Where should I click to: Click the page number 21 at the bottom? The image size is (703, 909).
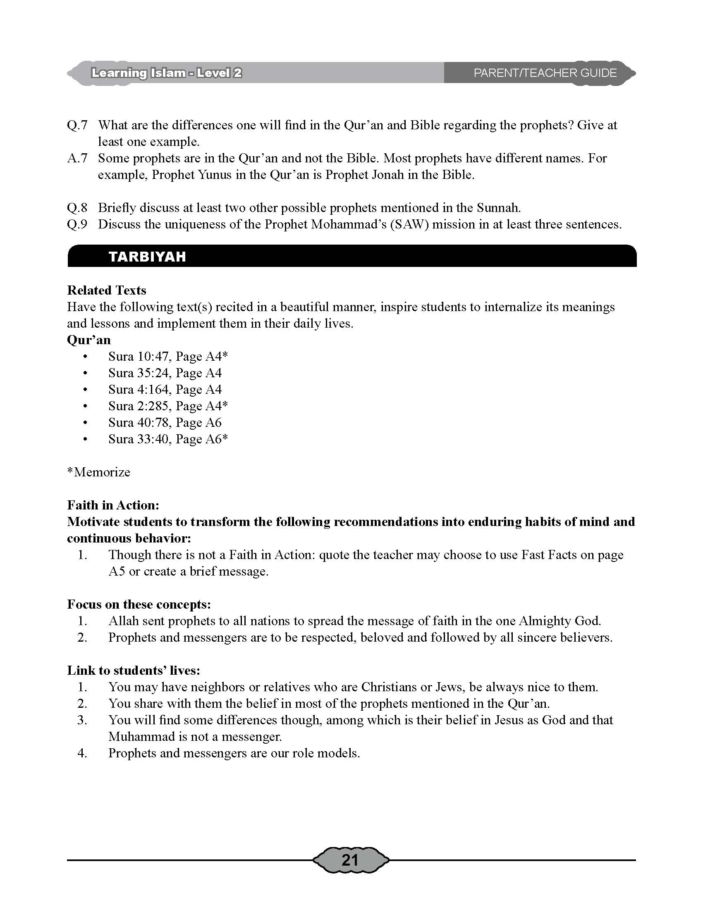tap(350, 859)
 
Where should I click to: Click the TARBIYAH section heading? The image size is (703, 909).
tap(147, 257)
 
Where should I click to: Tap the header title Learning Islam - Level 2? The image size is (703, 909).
tap(167, 73)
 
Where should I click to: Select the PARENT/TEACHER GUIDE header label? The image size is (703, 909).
tap(545, 73)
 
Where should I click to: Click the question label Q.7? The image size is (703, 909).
tap(77, 125)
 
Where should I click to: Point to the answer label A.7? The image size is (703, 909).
tap(77, 158)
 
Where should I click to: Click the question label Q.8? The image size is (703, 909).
tap(77, 208)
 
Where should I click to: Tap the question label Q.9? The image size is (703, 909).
tap(77, 224)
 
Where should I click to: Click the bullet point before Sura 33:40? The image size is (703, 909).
tap(85, 440)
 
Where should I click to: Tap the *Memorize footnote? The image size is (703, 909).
tap(99, 472)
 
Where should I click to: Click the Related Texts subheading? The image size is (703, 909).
tap(107, 290)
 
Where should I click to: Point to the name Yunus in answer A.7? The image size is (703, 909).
tap(215, 175)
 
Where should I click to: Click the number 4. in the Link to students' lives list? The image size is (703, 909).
tap(82, 753)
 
